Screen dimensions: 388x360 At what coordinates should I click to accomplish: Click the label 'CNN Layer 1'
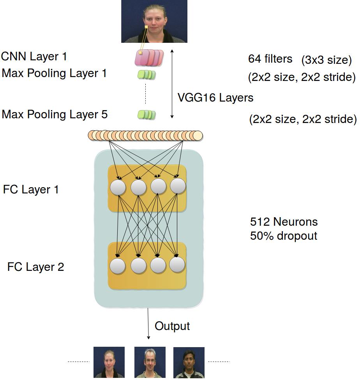tap(34, 56)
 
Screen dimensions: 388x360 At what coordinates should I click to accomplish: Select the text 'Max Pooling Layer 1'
tap(54, 73)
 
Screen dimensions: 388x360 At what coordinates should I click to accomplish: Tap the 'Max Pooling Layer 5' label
tap(55, 114)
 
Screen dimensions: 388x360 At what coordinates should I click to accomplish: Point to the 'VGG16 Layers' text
tap(215, 97)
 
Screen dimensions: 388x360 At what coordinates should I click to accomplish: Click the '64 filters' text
tap(270, 59)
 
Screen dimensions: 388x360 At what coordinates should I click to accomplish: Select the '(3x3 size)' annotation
tap(326, 60)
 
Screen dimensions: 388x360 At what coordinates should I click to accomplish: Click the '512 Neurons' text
tap(284, 222)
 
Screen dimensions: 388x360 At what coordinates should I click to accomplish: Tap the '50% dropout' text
tap(284, 236)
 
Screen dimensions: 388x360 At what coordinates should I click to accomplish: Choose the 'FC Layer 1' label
tap(31, 190)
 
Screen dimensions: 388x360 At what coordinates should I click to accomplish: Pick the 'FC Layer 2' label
tap(35, 267)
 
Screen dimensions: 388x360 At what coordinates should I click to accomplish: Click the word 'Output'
tap(172, 326)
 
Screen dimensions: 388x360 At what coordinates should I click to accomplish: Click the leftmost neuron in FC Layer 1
tap(118, 187)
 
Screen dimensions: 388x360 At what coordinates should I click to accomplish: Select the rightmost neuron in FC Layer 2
tap(177, 265)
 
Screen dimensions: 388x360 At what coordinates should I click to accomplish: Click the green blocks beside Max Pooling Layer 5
tap(146, 114)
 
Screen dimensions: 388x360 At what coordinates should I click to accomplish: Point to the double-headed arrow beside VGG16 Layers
tap(172, 84)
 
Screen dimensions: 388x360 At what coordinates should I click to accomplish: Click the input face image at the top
tap(154, 21)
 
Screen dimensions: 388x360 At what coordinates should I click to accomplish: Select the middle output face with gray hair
tap(150, 362)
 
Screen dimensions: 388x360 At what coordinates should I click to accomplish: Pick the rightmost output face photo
tap(189, 362)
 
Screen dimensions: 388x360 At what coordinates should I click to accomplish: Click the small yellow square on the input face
tap(146, 27)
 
